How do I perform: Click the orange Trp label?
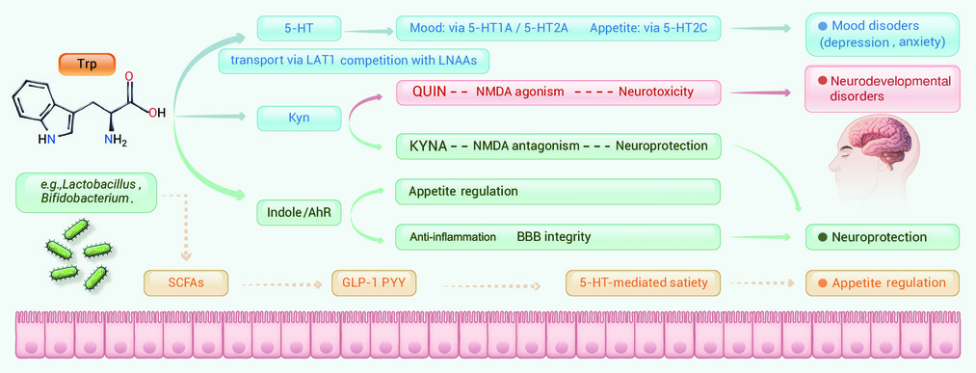pos(87,65)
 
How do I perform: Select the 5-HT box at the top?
pos(299,29)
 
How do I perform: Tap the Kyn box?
pos(299,118)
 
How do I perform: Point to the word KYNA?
pos(429,147)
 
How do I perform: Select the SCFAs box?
pos(186,282)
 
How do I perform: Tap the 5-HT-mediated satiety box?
pos(643,282)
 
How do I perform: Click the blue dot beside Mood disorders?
pos(822,27)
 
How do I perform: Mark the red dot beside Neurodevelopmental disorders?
pos(822,80)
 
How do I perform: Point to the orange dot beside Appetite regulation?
pos(822,282)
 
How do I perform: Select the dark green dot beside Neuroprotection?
pos(822,237)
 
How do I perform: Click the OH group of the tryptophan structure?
pos(156,114)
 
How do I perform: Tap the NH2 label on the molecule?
pos(116,142)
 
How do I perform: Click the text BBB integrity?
pos(553,237)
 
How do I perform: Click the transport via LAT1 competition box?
pos(354,61)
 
